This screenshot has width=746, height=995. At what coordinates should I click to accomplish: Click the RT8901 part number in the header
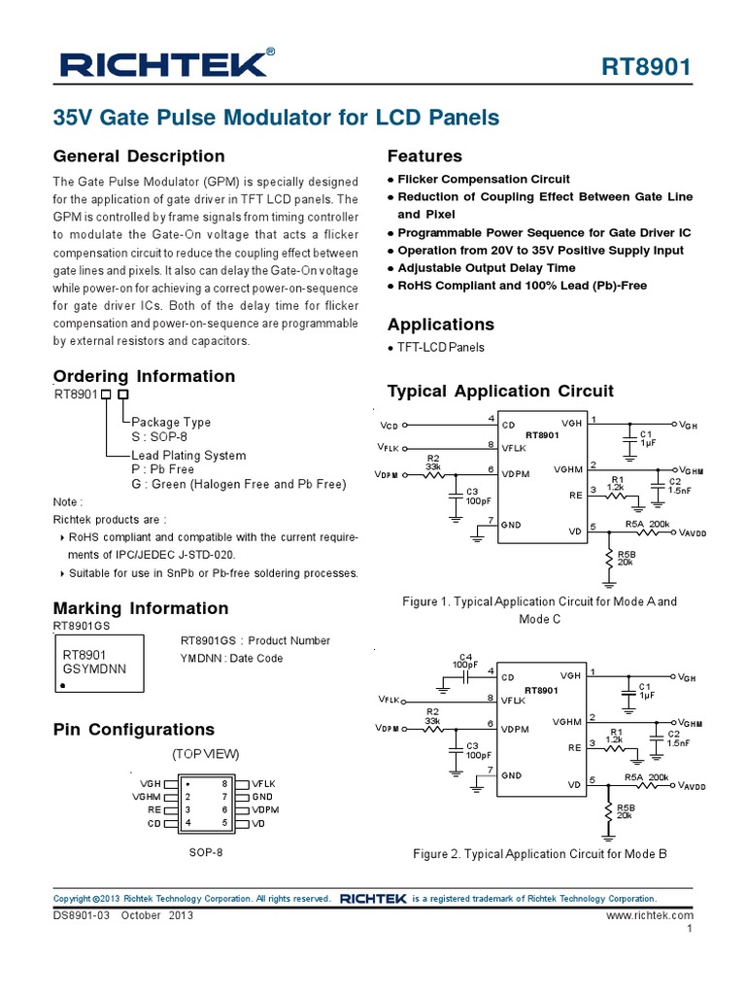coord(647,67)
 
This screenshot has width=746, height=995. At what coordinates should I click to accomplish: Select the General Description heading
coord(139,156)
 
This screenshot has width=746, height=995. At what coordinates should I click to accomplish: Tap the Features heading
coord(424,156)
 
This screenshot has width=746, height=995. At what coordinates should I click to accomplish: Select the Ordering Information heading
coord(144,376)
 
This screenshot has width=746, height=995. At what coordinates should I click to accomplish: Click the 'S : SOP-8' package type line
coord(158,437)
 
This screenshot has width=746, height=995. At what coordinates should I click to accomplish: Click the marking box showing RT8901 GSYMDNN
coord(99,664)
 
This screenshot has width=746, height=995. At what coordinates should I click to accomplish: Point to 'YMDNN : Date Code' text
coord(232,658)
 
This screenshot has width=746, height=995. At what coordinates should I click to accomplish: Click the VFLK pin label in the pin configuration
coord(263,782)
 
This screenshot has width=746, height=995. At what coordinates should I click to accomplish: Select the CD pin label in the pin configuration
coord(153,823)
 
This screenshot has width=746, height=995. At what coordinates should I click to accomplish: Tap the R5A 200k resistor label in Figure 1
coord(647,524)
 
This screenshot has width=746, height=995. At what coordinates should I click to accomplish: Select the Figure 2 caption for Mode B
coord(539,854)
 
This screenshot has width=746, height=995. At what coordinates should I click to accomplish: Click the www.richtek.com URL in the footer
coord(650,915)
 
